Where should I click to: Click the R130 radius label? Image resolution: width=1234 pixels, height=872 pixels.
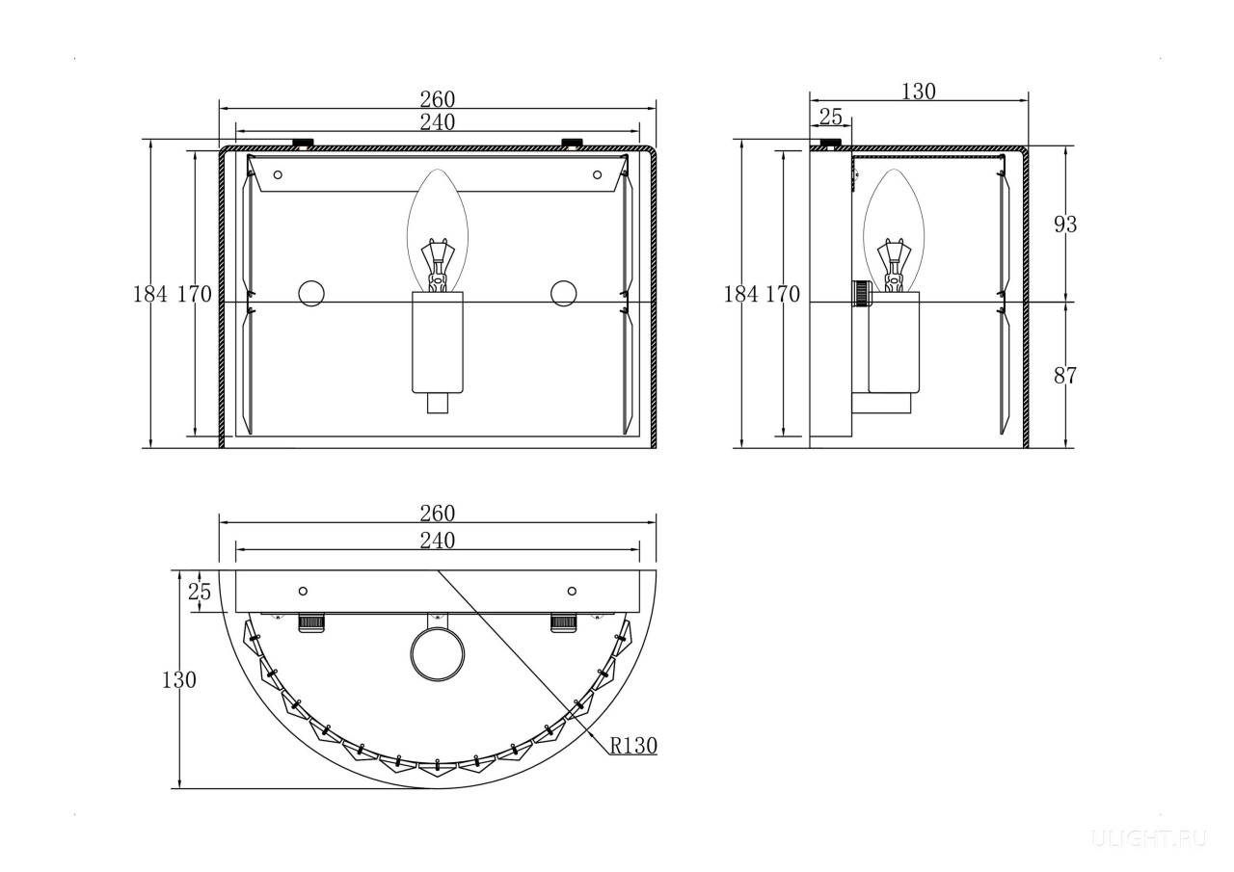633,746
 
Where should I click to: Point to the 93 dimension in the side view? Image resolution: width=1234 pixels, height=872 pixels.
1065,225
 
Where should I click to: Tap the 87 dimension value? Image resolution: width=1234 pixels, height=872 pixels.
1065,376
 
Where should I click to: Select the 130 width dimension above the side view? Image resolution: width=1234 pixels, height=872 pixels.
919,92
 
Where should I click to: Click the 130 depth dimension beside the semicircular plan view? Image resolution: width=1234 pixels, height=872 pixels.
179,680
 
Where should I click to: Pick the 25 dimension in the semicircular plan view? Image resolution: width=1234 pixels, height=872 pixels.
200,592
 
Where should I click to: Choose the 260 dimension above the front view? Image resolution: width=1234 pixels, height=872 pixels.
438,99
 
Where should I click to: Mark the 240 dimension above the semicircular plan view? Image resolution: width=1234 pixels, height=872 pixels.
438,541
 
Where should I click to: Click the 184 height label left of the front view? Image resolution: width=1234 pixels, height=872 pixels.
149,295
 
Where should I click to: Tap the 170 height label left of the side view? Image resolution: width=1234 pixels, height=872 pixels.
783,295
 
